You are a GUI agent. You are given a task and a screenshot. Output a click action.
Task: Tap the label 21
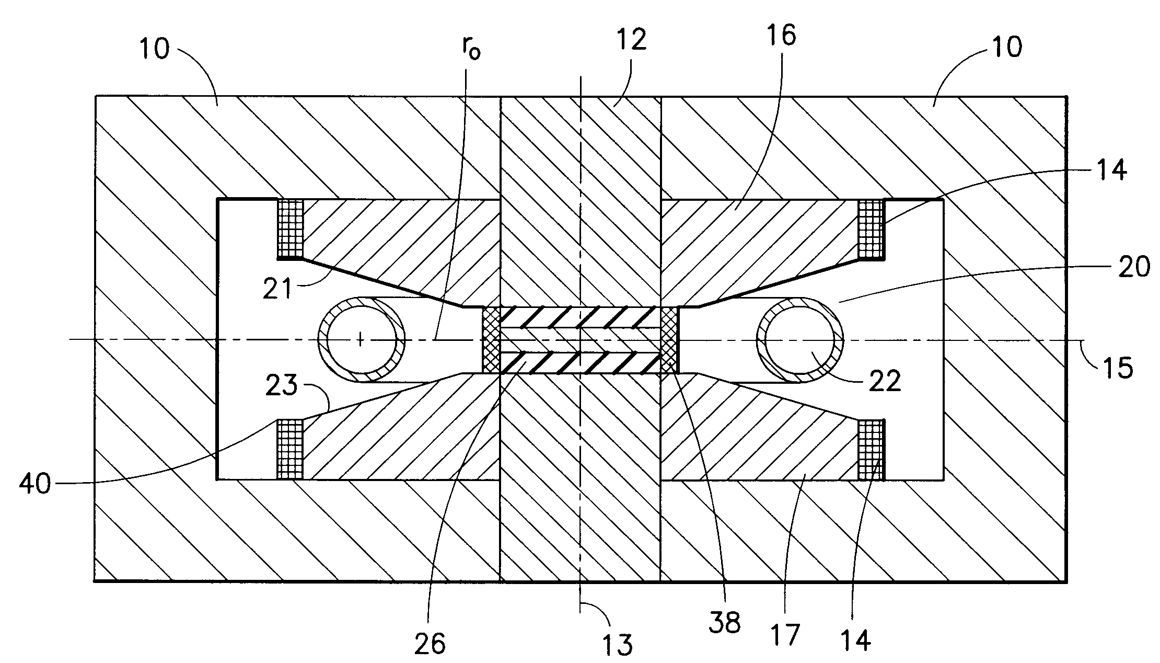click(x=277, y=289)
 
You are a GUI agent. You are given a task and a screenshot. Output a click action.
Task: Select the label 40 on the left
click(x=35, y=484)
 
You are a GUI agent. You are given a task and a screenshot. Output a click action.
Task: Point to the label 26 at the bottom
click(x=430, y=644)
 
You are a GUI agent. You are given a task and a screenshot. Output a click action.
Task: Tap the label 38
click(x=724, y=623)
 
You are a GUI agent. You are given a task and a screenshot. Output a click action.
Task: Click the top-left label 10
click(x=154, y=50)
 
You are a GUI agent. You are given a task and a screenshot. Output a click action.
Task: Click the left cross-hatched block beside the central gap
click(x=491, y=340)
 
